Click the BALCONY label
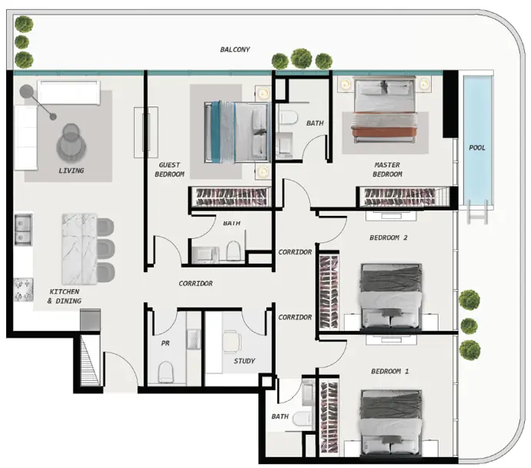[x=235, y=49]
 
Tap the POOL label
[x=477, y=147]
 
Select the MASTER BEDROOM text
[x=387, y=170]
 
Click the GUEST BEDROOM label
[x=169, y=170]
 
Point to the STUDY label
[x=244, y=361]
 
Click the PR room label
[x=165, y=343]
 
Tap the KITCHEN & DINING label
[x=65, y=296]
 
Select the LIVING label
[x=71, y=170]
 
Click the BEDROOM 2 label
[x=388, y=237]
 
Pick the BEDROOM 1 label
[x=389, y=372]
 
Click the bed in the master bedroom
[x=384, y=109]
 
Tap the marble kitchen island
[x=79, y=248]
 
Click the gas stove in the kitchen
[x=23, y=289]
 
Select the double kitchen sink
[x=23, y=230]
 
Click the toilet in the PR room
[x=165, y=372]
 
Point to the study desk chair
[x=232, y=342]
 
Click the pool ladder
[x=477, y=212]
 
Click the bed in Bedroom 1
[x=391, y=423]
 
